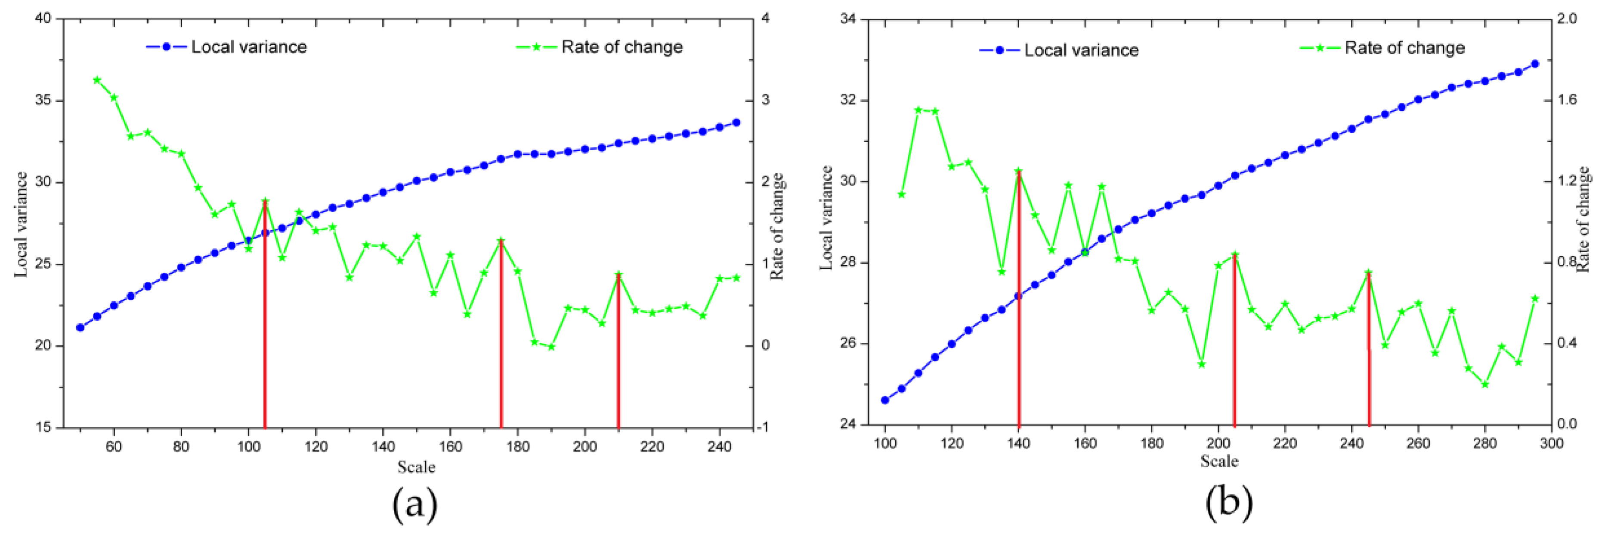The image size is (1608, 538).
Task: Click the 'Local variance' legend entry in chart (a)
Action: (248, 47)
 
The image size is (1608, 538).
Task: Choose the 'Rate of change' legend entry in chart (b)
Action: (1404, 48)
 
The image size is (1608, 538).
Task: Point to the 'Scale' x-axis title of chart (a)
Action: (416, 467)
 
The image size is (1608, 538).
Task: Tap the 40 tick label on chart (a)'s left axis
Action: (43, 18)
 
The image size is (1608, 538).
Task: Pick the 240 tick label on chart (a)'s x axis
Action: (720, 447)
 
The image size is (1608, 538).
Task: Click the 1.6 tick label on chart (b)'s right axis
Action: (1568, 100)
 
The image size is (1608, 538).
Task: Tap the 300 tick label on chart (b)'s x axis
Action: (1551, 444)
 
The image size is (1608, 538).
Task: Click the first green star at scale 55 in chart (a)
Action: (97, 80)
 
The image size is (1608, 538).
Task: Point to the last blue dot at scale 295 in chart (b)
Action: (1535, 64)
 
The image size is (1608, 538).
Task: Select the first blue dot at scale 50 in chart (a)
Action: (80, 328)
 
